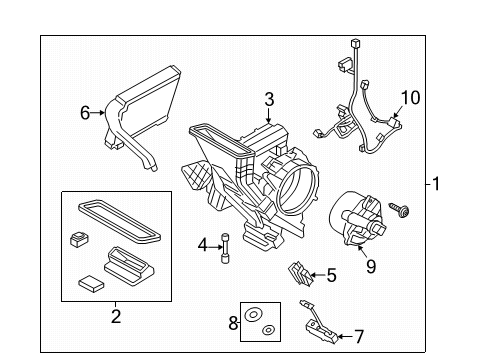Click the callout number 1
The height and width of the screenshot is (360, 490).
(436, 184)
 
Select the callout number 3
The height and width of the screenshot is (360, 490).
(268, 98)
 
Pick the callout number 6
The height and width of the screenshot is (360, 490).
(85, 114)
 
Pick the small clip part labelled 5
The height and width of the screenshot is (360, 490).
(298, 272)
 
